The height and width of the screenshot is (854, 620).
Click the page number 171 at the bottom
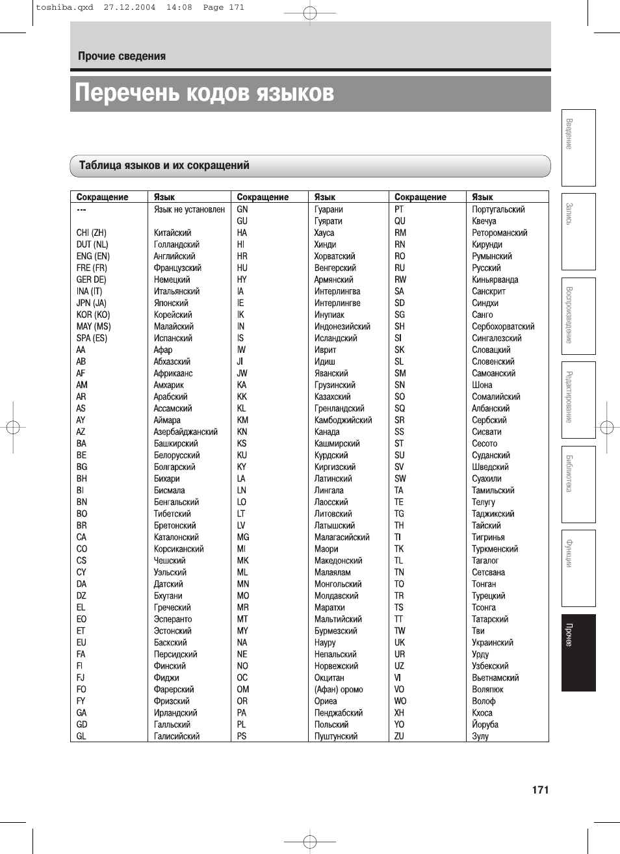tap(540, 790)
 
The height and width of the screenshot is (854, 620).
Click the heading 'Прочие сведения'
tap(122, 57)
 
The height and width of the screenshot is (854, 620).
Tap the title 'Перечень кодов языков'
tap(204, 93)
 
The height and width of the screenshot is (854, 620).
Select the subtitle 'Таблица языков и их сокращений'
tap(164, 166)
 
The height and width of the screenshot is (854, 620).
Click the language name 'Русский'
tap(486, 268)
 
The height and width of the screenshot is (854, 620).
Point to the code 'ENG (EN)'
tap(93, 256)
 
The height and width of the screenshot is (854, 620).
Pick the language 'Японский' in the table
tap(171, 303)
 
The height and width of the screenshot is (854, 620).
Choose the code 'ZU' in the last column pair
tap(399, 736)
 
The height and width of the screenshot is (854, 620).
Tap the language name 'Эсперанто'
tap(173, 619)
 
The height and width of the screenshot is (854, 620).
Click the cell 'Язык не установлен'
tap(189, 209)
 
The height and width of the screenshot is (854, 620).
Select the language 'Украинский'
tap(492, 643)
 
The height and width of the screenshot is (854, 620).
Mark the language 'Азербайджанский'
tap(185, 432)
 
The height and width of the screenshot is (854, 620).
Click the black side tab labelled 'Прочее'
tap(578, 653)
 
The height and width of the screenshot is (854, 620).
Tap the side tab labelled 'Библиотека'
tap(578, 484)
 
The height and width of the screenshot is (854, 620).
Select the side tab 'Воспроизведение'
tap(578, 316)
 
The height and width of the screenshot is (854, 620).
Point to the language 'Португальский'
tap(498, 209)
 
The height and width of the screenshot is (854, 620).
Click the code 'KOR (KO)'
tap(93, 315)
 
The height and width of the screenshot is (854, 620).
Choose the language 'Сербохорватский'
tap(503, 326)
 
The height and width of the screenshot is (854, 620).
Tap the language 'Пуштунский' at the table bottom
tap(335, 736)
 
